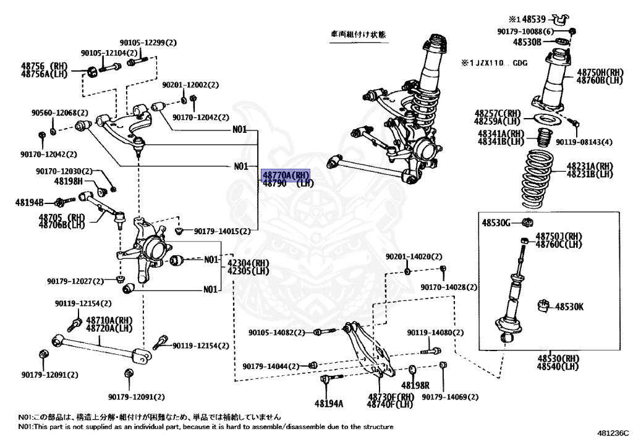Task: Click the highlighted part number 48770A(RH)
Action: coord(286,175)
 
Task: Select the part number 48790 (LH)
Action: coord(288,184)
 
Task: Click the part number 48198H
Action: coord(68,181)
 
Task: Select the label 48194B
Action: coord(30,202)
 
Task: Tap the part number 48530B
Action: coord(527,41)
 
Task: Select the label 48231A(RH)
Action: coord(590,166)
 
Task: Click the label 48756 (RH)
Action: coord(43,65)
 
